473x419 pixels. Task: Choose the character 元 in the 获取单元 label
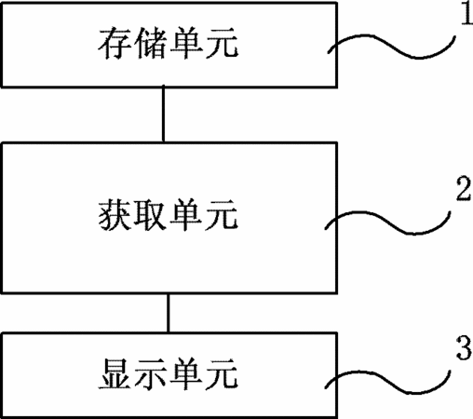point(223,215)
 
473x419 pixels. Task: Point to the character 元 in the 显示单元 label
point(223,373)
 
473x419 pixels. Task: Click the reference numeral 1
point(467,13)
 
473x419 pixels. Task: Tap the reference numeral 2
point(464,189)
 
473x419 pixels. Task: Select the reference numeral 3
point(464,348)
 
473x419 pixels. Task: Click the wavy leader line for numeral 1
point(392,47)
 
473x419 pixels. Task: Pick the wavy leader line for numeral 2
point(388,223)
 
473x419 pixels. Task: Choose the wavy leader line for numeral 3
point(388,382)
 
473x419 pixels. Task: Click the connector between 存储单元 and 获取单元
point(163,115)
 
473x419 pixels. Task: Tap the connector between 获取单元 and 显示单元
point(169,313)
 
